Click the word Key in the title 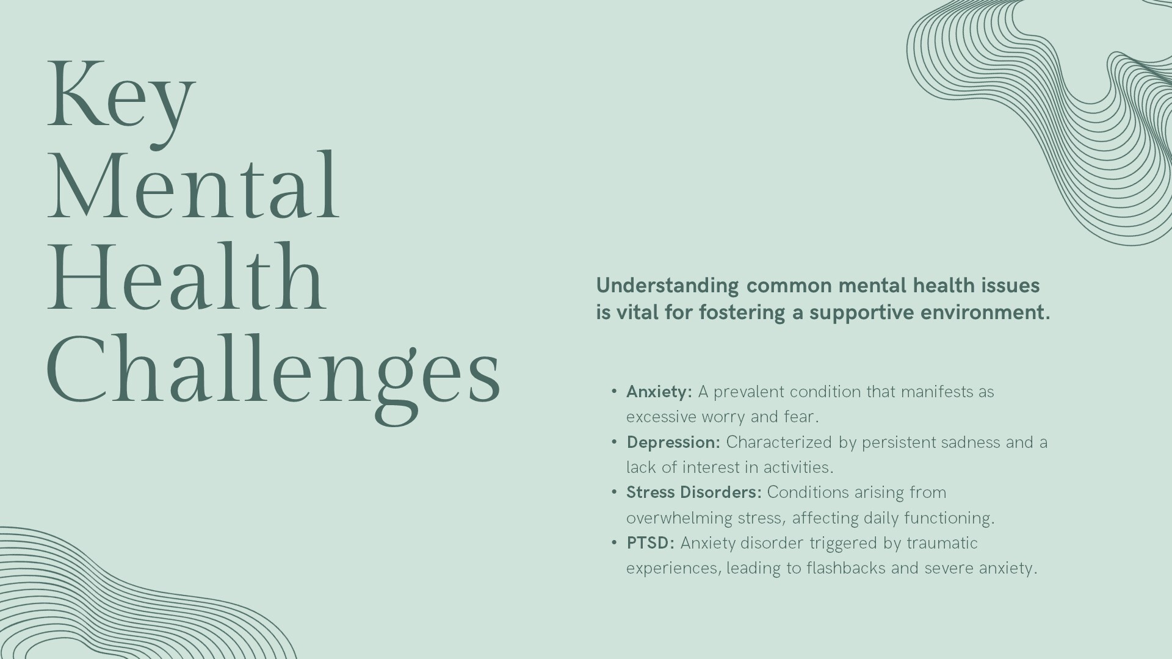(121, 101)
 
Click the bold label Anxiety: (659, 392)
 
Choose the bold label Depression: (673, 442)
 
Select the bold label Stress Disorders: (694, 492)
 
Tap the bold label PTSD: (651, 543)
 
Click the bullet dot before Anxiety (614, 392)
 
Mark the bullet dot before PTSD (614, 543)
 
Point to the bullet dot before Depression (614, 442)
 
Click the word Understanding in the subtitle (667, 286)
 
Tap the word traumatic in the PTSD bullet (942, 543)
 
